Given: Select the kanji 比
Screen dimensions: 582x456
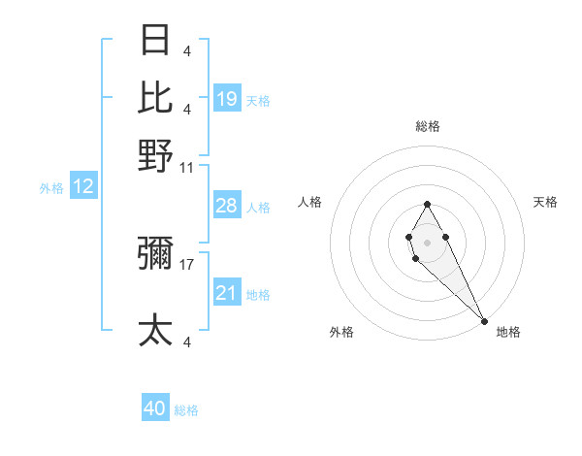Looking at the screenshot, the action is (156, 97).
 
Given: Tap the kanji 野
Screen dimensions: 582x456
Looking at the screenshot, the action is (156, 155).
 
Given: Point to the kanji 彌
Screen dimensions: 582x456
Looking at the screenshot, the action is (156, 254).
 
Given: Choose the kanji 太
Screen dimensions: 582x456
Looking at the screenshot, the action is (156, 330).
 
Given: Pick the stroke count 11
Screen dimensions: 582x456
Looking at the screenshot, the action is (187, 167).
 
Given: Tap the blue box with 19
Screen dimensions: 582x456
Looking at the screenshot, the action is (227, 98).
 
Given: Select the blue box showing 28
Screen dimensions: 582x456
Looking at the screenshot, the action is (227, 206).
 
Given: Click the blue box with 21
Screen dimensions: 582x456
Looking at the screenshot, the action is (227, 293).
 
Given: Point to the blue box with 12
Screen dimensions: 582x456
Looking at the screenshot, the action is (83, 187).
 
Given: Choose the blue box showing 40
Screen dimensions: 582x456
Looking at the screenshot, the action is (155, 408).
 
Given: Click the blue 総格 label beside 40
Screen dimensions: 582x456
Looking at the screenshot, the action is (186, 410).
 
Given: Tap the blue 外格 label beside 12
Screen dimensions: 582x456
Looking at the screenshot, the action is (51, 188).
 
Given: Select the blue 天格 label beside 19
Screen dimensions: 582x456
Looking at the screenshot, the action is (258, 100).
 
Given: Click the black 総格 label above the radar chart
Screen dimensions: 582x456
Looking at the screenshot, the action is (428, 126).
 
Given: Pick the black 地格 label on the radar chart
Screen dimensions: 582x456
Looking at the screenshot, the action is (508, 332).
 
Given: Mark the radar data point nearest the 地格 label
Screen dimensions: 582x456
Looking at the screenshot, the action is (484, 320).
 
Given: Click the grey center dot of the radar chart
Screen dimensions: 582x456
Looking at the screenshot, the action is (427, 241).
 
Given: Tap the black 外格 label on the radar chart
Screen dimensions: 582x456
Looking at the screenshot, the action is (341, 332).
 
